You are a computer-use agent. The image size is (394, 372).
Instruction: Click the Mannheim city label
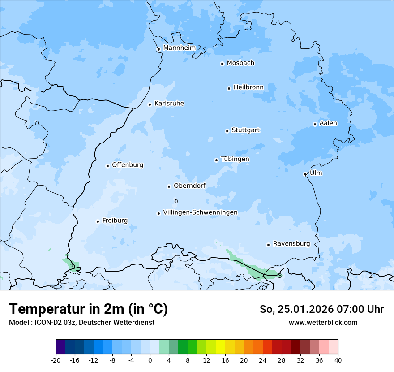click(x=179, y=48)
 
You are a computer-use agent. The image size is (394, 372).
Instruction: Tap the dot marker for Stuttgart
click(x=227, y=131)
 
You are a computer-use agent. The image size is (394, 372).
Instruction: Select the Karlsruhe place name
click(x=169, y=104)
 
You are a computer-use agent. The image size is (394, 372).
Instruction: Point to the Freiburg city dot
click(x=98, y=221)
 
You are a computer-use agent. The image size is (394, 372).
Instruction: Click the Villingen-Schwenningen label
click(x=200, y=212)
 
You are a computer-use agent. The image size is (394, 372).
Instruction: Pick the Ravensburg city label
click(x=291, y=244)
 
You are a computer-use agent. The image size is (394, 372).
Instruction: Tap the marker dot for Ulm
click(x=305, y=174)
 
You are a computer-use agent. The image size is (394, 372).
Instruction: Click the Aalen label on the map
click(x=328, y=123)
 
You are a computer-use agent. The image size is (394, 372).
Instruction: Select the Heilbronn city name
click(x=248, y=87)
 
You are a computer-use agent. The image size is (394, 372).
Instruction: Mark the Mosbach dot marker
click(x=222, y=64)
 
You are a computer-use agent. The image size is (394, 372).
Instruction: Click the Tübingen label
click(x=235, y=159)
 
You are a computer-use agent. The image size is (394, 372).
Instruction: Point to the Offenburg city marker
click(x=107, y=166)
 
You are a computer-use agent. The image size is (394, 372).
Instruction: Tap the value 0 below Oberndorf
click(x=176, y=202)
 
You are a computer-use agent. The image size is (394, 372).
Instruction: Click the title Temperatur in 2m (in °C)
click(x=88, y=309)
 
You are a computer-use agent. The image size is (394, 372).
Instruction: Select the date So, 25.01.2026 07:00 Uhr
click(x=321, y=309)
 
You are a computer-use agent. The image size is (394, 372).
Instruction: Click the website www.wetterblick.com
click(x=323, y=323)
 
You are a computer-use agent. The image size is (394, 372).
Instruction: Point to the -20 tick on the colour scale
click(x=56, y=360)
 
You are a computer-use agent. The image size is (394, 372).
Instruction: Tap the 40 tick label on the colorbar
click(x=338, y=360)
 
